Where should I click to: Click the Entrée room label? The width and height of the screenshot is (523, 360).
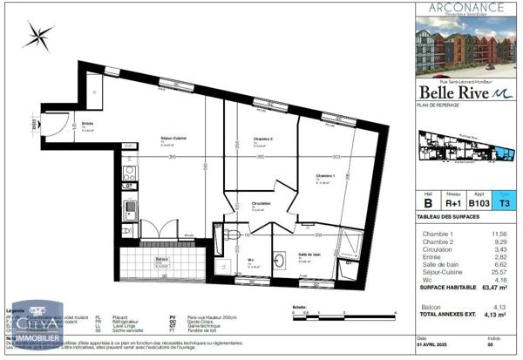tap(87, 125)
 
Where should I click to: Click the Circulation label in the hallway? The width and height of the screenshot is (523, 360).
tap(261, 204)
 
